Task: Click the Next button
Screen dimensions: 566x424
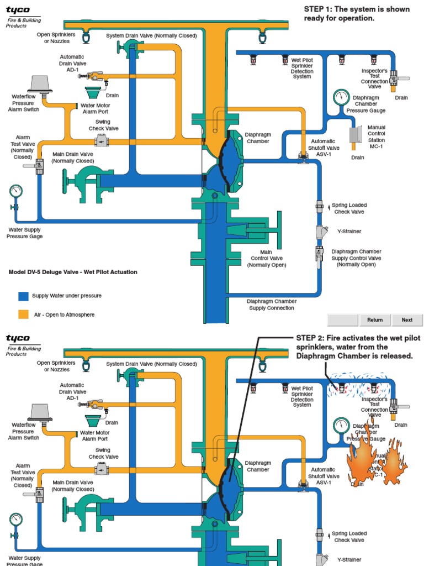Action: click(407, 319)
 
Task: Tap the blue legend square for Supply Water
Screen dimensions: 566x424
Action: click(23, 296)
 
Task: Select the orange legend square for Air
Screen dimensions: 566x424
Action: click(23, 315)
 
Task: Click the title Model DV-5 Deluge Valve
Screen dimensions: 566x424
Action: click(73, 272)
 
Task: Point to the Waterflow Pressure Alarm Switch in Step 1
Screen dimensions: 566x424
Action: click(39, 84)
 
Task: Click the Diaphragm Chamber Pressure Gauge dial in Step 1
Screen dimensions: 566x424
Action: click(341, 97)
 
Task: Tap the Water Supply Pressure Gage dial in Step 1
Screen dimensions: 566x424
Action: click(16, 191)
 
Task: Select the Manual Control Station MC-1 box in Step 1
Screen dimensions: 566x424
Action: click(355, 135)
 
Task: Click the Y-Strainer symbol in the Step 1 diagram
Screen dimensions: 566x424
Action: click(320, 232)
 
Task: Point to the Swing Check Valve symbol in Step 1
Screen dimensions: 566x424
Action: click(101, 141)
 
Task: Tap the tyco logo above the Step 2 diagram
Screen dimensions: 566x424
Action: click(18, 338)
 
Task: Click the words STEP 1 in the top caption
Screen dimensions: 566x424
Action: click(318, 9)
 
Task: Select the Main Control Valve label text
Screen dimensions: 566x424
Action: click(267, 258)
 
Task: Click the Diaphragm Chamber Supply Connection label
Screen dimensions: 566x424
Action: click(272, 305)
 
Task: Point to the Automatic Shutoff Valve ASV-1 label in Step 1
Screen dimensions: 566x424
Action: click(325, 148)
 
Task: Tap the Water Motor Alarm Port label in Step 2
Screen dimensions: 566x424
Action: click(95, 436)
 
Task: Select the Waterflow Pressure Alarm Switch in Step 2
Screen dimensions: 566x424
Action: click(39, 412)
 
